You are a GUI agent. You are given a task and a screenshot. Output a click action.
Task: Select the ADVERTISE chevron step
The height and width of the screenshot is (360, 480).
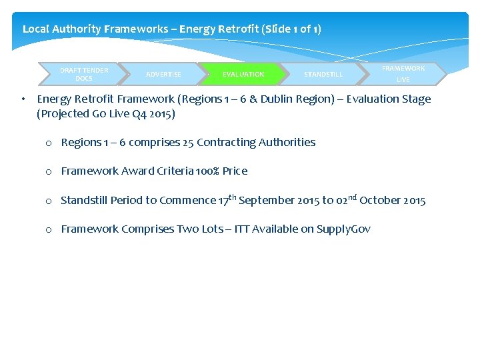(x=163, y=74)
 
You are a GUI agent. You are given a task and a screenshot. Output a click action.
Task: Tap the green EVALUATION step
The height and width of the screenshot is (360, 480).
(x=243, y=74)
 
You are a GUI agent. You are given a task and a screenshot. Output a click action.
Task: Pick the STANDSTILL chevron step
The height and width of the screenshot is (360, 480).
(x=323, y=74)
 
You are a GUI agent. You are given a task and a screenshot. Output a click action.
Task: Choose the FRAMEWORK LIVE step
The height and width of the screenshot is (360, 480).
(x=403, y=74)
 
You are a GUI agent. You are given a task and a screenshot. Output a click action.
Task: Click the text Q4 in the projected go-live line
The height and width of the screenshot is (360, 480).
(x=132, y=114)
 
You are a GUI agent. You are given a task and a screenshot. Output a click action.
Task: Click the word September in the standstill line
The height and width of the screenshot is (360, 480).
(x=264, y=201)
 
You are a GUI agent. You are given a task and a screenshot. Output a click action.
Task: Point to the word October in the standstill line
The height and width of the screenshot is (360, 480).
(x=381, y=201)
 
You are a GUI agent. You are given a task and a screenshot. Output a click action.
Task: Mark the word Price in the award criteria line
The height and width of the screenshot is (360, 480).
(x=235, y=171)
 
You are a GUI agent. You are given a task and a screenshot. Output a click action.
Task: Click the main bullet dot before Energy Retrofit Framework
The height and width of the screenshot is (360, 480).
(x=23, y=99)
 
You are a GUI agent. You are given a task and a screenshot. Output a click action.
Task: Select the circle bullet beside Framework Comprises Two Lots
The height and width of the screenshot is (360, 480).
(x=49, y=230)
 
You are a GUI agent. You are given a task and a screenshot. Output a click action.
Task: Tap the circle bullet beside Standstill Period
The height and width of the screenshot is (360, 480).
(x=49, y=201)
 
